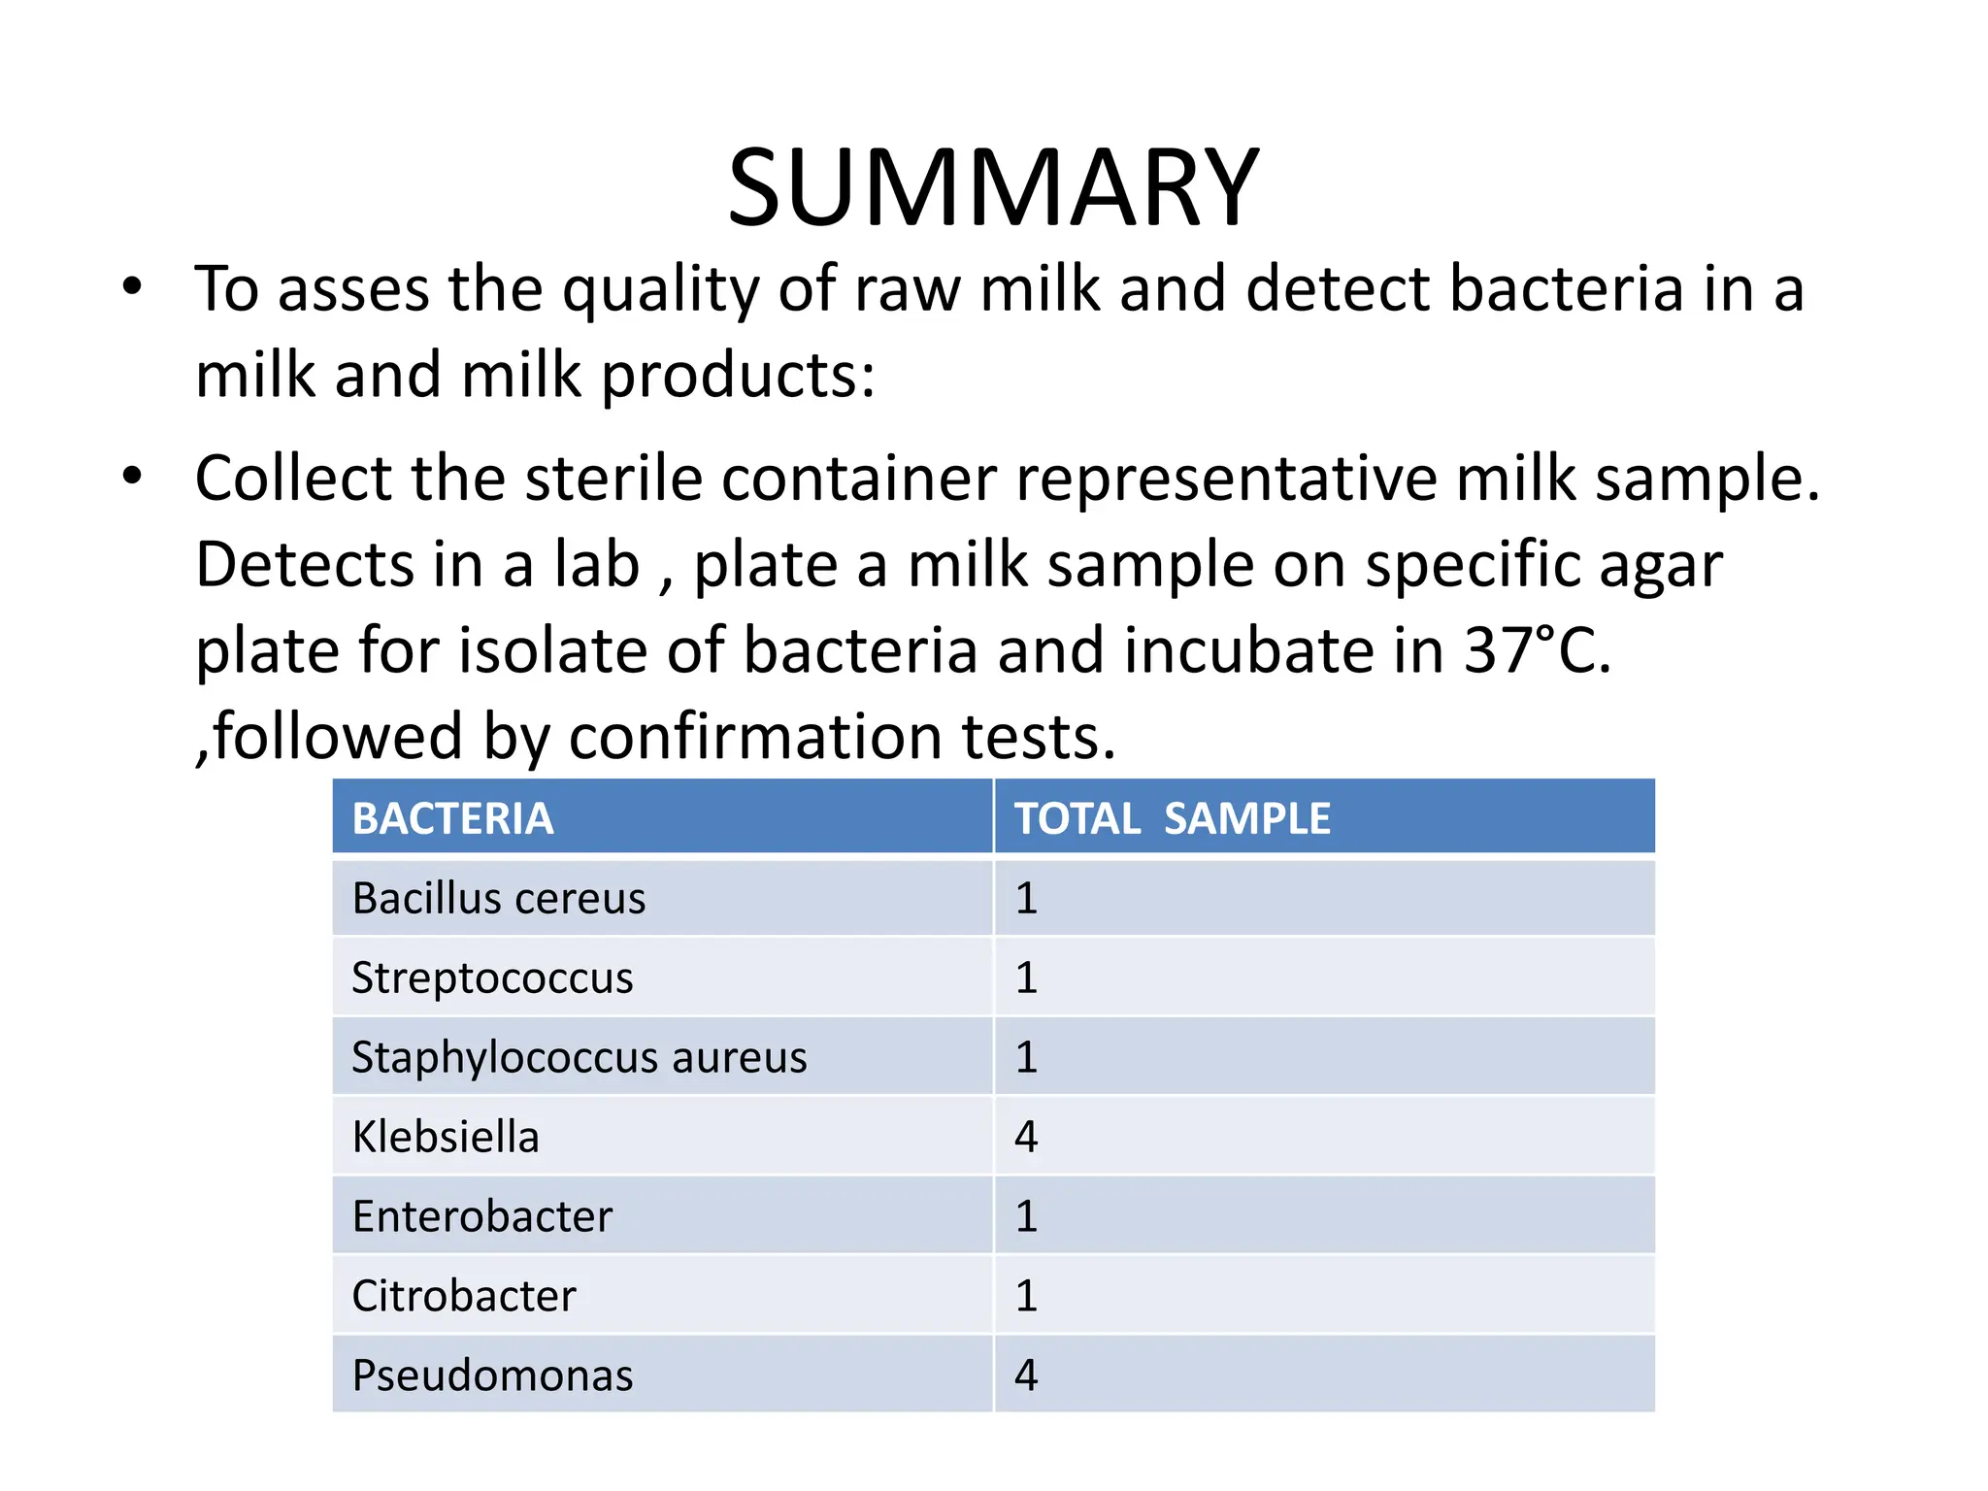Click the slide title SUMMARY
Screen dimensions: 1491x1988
(993, 187)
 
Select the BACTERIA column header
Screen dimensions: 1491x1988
(452, 818)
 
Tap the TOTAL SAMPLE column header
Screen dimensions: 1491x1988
(1172, 818)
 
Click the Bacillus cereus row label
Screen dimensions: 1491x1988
(498, 898)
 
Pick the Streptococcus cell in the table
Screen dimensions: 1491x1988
(492, 977)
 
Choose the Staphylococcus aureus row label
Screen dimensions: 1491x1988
(579, 1057)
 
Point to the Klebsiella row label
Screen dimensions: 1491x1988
(446, 1137)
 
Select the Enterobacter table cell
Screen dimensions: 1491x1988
(482, 1216)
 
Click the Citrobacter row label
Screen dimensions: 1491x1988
(464, 1296)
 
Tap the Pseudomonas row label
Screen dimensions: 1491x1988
(492, 1375)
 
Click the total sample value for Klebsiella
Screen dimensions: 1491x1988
(1026, 1137)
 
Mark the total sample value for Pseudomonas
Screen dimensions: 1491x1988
(1026, 1375)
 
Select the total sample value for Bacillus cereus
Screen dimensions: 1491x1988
(1026, 898)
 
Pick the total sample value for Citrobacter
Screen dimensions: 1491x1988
(1026, 1296)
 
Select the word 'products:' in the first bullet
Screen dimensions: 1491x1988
(739, 375)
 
